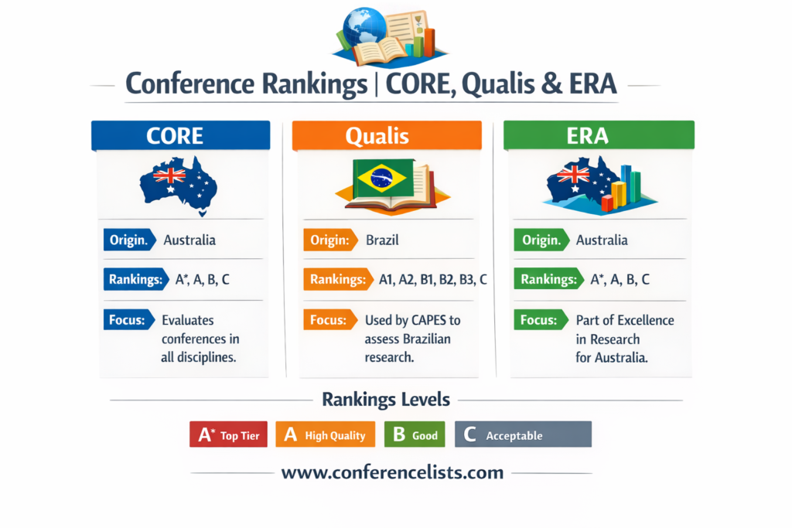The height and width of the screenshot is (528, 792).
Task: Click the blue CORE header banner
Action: (x=180, y=135)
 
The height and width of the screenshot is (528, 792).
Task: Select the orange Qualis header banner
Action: (x=387, y=135)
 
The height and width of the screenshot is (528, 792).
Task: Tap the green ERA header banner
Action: (x=599, y=135)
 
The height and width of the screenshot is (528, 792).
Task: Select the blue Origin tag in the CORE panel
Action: (x=130, y=240)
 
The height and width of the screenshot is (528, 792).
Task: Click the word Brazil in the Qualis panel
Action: (x=382, y=240)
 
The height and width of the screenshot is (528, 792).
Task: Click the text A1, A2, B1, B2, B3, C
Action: (x=433, y=280)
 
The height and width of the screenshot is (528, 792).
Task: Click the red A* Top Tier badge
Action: (x=228, y=434)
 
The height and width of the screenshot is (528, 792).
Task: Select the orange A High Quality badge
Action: (x=326, y=434)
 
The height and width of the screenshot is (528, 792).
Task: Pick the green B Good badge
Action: (x=415, y=434)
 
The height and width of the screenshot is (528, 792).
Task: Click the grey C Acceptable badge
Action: (x=524, y=434)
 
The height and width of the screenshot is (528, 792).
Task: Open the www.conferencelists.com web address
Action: (x=392, y=472)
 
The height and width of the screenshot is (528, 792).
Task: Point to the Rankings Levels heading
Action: (x=386, y=399)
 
